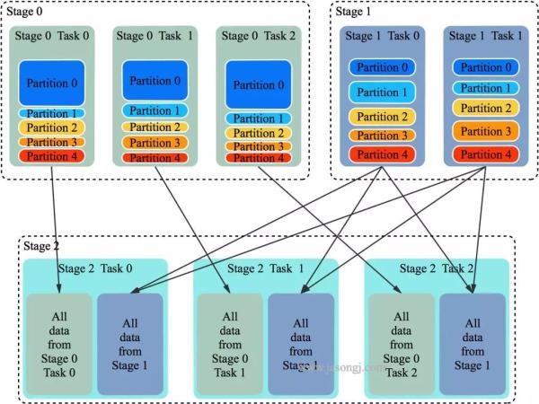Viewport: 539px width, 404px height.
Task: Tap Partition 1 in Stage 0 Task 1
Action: (x=155, y=110)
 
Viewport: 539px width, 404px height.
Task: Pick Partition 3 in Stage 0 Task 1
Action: (x=155, y=143)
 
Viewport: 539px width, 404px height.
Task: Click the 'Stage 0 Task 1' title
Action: (x=155, y=36)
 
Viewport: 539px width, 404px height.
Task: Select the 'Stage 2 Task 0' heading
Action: (x=101, y=268)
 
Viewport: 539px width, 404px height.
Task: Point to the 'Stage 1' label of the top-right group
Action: (x=352, y=11)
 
